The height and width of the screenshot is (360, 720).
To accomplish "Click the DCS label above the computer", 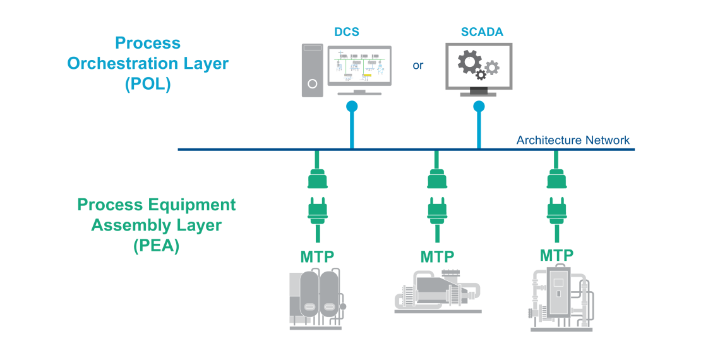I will click(347, 32).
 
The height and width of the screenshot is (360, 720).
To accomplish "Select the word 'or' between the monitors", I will click(417, 65).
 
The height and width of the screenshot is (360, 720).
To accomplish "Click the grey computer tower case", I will click(312, 69).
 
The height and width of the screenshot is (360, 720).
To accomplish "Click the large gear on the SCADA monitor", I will click(469, 62).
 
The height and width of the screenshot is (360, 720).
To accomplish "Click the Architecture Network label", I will click(573, 140).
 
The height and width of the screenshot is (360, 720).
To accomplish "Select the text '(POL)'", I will click(148, 85).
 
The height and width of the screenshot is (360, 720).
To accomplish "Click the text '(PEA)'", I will click(157, 246).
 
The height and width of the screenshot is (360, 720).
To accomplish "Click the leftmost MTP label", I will click(317, 257).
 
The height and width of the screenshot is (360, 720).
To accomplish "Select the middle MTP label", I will click(437, 257).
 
